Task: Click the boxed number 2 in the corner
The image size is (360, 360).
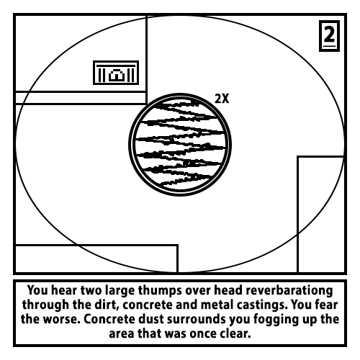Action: tap(329, 36)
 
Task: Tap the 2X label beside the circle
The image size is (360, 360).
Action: tap(222, 99)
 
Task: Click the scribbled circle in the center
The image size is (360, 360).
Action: tap(180, 145)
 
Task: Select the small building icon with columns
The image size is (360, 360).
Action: tap(116, 73)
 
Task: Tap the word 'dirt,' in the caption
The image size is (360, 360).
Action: tap(109, 305)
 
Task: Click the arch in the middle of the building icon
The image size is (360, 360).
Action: tap(116, 75)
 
